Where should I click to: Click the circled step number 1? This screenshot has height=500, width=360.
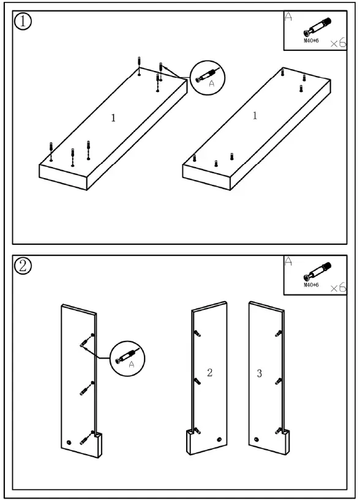tap(23, 21)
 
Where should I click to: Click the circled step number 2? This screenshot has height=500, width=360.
tap(23, 266)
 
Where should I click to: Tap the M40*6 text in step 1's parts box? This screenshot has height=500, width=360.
tap(311, 41)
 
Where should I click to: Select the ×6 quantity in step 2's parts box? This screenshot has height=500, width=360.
tap(338, 288)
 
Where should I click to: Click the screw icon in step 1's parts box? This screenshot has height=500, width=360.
tap(317, 27)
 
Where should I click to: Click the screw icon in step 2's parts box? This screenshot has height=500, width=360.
tap(317, 271)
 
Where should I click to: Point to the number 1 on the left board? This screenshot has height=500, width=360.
tap(113, 118)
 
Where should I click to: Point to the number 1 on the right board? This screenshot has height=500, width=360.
tap(255, 116)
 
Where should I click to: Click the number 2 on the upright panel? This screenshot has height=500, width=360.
tap(209, 373)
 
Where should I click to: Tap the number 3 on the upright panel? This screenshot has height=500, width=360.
tap(260, 373)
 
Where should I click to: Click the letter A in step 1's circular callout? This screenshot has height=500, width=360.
tap(211, 84)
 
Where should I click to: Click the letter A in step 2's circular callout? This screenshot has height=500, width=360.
tap(132, 364)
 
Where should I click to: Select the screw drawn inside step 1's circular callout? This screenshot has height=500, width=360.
tap(207, 75)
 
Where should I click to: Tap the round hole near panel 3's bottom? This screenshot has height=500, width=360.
tap(257, 440)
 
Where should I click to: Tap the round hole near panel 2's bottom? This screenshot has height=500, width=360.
tap(219, 440)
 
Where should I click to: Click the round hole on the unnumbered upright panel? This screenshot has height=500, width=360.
tap(69, 442)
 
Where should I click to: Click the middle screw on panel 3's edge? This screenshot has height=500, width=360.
tap(279, 381)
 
